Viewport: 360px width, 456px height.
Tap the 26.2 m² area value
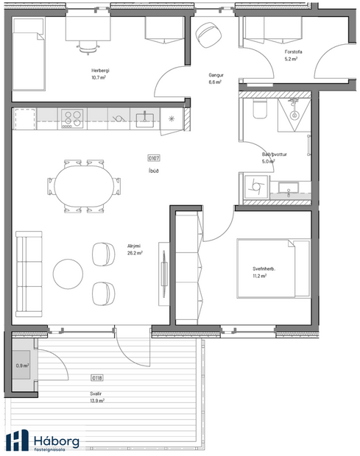[x=134, y=252]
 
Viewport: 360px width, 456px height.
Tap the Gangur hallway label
[x=215, y=75]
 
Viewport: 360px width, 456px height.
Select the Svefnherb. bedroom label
[x=264, y=268]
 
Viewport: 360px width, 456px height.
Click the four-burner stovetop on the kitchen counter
[x=73, y=117]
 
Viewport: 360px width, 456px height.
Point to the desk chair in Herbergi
[x=88, y=46]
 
